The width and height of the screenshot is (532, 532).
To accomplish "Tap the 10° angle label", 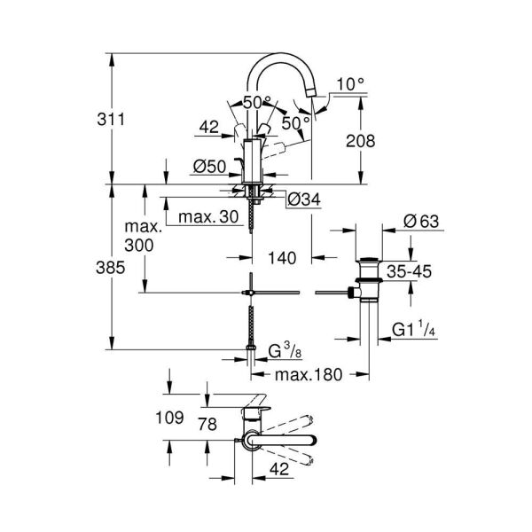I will [x=351, y=84].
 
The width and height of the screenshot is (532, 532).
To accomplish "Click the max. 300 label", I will [x=139, y=236].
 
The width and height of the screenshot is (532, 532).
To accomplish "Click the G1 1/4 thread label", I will [x=412, y=331].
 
